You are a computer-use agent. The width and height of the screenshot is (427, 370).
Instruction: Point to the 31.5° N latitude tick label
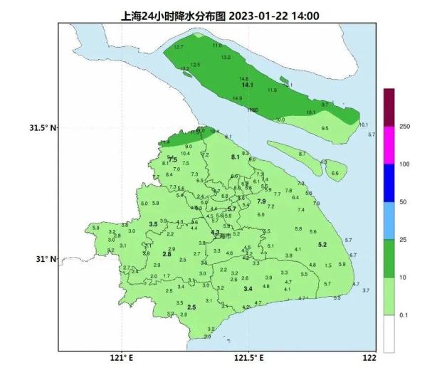(42, 128)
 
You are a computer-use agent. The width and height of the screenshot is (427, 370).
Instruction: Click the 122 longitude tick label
(369, 358)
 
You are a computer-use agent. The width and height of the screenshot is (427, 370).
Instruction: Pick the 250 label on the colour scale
(404, 127)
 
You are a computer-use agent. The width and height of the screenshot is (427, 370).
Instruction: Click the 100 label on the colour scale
(404, 164)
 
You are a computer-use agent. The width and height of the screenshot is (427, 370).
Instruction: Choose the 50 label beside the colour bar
(403, 202)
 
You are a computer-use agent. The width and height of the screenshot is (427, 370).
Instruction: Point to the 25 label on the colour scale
(403, 240)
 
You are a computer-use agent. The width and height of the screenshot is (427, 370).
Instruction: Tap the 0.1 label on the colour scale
(404, 314)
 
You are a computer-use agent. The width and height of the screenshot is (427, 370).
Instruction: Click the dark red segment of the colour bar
(389, 107)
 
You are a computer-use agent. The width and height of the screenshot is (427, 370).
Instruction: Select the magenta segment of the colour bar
(389, 145)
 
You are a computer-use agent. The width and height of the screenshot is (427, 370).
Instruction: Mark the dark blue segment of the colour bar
(389, 183)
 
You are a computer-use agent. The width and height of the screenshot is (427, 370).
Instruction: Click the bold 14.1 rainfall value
(248, 85)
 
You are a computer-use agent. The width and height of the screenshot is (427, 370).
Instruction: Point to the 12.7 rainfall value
(179, 47)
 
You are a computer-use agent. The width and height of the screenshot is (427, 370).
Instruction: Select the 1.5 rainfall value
(328, 265)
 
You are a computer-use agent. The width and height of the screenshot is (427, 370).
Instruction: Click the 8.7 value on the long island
(302, 154)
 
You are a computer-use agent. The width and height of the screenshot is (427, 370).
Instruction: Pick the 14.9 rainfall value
(238, 98)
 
